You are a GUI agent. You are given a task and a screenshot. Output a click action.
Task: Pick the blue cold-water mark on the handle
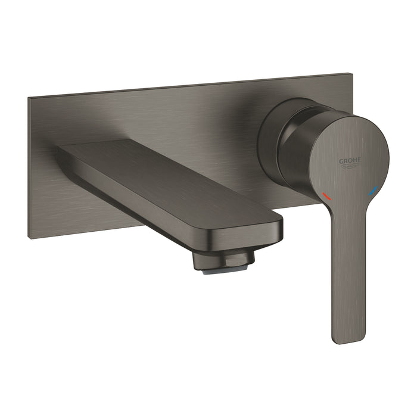pos(373,191)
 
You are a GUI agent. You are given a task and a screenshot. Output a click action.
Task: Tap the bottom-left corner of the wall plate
pos(29,238)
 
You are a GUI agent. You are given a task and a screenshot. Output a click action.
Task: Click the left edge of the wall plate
pos(28,167)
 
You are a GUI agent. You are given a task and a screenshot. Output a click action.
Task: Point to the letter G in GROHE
pos(341,161)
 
